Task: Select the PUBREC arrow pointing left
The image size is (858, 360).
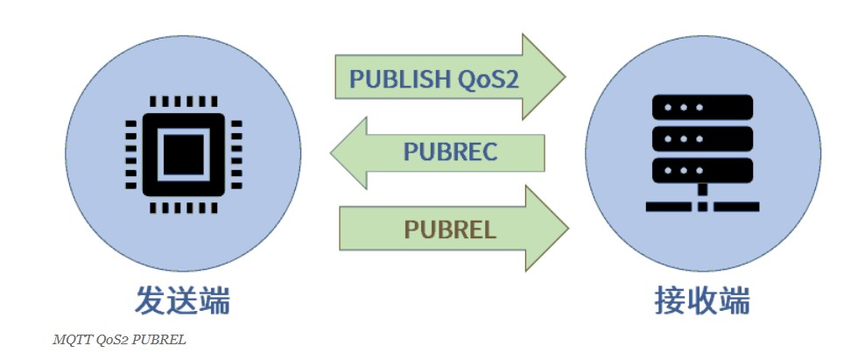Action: click(438, 152)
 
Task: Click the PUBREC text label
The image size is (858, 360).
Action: click(450, 152)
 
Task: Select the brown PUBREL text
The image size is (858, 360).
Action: click(450, 229)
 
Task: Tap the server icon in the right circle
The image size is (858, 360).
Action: click(702, 152)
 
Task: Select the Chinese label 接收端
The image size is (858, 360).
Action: click(702, 300)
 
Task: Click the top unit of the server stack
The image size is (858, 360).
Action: click(702, 108)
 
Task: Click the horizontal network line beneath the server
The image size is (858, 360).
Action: click(702, 207)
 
